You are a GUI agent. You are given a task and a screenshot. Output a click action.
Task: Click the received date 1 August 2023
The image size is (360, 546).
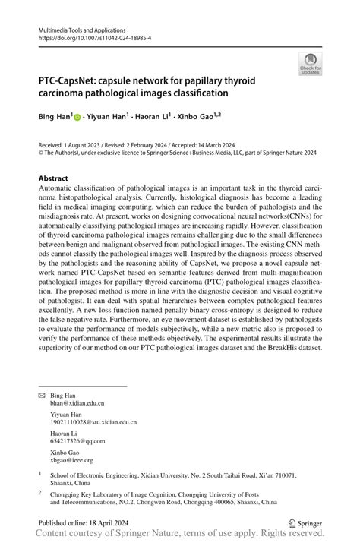click(86, 144)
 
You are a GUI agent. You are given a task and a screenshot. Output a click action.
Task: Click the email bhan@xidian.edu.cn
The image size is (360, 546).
click(77, 405)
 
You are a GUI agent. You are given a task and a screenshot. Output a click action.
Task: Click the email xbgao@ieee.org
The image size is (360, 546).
click(71, 459)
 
